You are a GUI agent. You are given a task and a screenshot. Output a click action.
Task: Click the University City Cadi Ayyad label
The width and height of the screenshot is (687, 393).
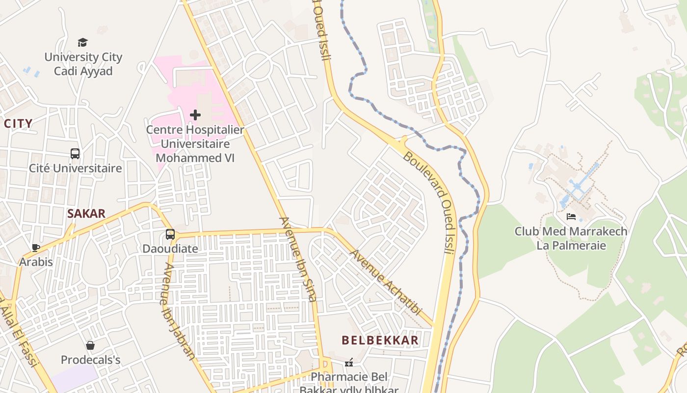click(83, 64)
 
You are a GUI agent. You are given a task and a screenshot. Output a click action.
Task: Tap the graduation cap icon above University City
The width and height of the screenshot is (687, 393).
click(83, 43)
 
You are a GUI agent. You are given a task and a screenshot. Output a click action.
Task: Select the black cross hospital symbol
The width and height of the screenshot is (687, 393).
click(195, 115)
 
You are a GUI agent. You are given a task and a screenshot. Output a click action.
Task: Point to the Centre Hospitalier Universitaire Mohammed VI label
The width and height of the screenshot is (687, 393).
click(195, 144)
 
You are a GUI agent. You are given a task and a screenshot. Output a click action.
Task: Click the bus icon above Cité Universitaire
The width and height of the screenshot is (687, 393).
click(75, 154)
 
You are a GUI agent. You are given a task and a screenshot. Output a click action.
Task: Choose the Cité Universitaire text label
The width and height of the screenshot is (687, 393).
click(75, 168)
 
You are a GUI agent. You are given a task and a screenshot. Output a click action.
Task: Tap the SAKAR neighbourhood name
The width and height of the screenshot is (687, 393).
click(86, 214)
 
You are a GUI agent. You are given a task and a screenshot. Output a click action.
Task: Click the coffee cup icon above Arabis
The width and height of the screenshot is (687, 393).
click(35, 248)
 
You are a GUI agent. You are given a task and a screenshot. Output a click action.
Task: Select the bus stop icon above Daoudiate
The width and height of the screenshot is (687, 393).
click(170, 234)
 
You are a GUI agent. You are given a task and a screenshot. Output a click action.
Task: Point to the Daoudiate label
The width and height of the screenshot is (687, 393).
click(170, 249)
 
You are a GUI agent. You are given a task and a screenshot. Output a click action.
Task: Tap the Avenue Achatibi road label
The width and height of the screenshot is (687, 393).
click(386, 282)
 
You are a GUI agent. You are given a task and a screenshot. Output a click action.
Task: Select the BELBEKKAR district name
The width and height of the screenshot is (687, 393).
click(380, 340)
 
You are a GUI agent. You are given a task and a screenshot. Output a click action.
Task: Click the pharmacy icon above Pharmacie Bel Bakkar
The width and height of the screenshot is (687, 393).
click(349, 363)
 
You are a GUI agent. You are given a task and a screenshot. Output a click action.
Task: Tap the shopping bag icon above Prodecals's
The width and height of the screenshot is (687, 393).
click(90, 345)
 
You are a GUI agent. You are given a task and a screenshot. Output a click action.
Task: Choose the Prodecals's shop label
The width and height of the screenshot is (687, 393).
click(90, 360)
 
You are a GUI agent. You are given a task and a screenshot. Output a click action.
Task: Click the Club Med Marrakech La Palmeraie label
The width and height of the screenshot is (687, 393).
click(571, 238)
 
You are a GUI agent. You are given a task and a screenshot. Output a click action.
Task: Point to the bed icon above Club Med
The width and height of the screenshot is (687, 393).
click(571, 216)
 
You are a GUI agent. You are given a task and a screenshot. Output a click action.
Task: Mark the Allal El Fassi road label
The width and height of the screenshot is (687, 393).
click(20, 334)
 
